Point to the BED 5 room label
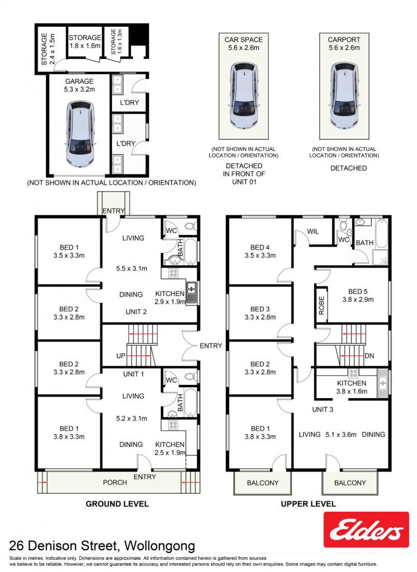click(358, 292)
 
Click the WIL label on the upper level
click(312, 231)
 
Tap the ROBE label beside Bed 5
click(321, 306)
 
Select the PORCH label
click(115, 482)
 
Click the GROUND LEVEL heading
click(117, 504)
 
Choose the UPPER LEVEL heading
click(308, 504)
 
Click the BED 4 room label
click(260, 247)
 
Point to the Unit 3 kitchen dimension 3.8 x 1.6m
click(352, 392)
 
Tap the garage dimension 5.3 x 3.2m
click(79, 89)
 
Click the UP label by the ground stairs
click(121, 356)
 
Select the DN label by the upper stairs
click(369, 356)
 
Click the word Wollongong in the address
click(159, 546)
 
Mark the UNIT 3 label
click(323, 409)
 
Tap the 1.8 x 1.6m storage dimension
click(85, 46)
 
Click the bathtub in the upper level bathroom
click(382, 233)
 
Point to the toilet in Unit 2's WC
click(189, 226)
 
